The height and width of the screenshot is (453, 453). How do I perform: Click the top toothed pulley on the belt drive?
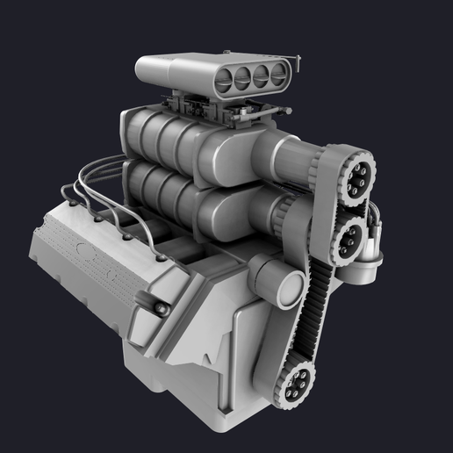pyautogui.click(x=358, y=179)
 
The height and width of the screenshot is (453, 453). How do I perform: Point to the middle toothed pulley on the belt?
pyautogui.click(x=350, y=237)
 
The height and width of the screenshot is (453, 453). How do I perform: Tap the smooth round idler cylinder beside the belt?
pyautogui.click(x=283, y=285)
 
